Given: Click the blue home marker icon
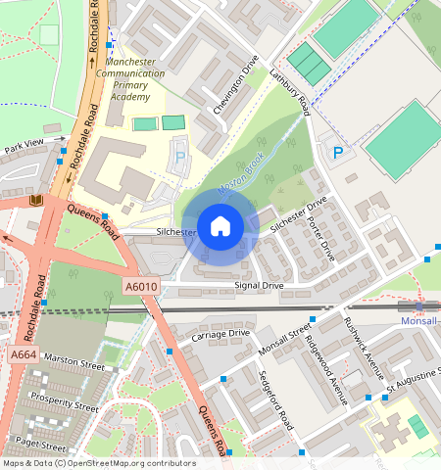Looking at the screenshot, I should (220, 226).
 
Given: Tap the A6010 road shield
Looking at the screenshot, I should (140, 286).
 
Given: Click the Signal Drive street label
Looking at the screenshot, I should (259, 286).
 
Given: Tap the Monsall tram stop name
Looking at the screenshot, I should (419, 320).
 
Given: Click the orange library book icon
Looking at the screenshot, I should (36, 201).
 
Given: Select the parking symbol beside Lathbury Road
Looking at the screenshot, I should (338, 153).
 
